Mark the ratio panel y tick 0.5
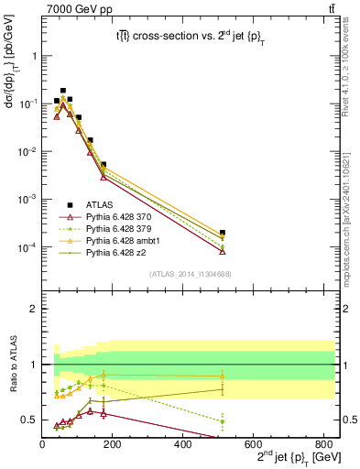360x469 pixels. coord(31,420)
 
